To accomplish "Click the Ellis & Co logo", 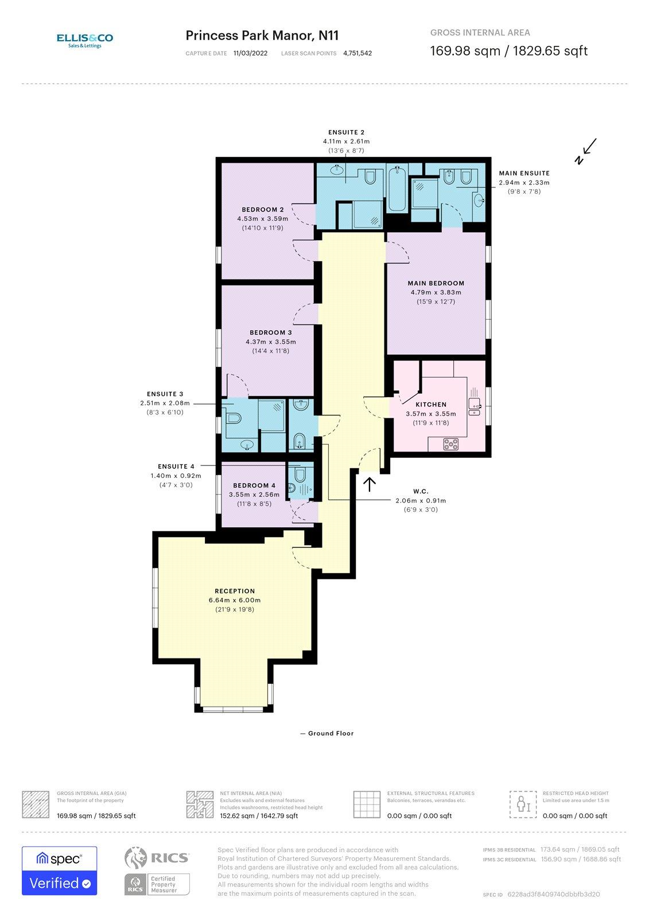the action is pos(85,41).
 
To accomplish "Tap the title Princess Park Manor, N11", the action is pos(262,36).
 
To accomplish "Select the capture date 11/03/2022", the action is pos(251,53).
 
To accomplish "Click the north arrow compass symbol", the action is pos(586,151).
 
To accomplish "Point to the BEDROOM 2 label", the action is pos(262,210).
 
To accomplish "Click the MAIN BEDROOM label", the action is pos(436,283).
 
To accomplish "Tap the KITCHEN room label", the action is pos(431,405).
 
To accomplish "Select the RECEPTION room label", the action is pos(235,591).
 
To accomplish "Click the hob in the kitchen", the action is pos(451,444).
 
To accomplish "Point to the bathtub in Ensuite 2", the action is pos(397,189).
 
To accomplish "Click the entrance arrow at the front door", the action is pos(370,484).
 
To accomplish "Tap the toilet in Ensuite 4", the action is pos(300,475).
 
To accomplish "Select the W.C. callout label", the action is pos(421,491).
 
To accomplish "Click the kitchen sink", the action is pos(475,404).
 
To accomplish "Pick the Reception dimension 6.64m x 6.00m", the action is pos(235,600).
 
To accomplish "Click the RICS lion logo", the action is pos(135,857).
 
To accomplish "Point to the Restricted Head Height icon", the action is pos(523,804).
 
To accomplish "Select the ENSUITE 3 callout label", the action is pos(165,394).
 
